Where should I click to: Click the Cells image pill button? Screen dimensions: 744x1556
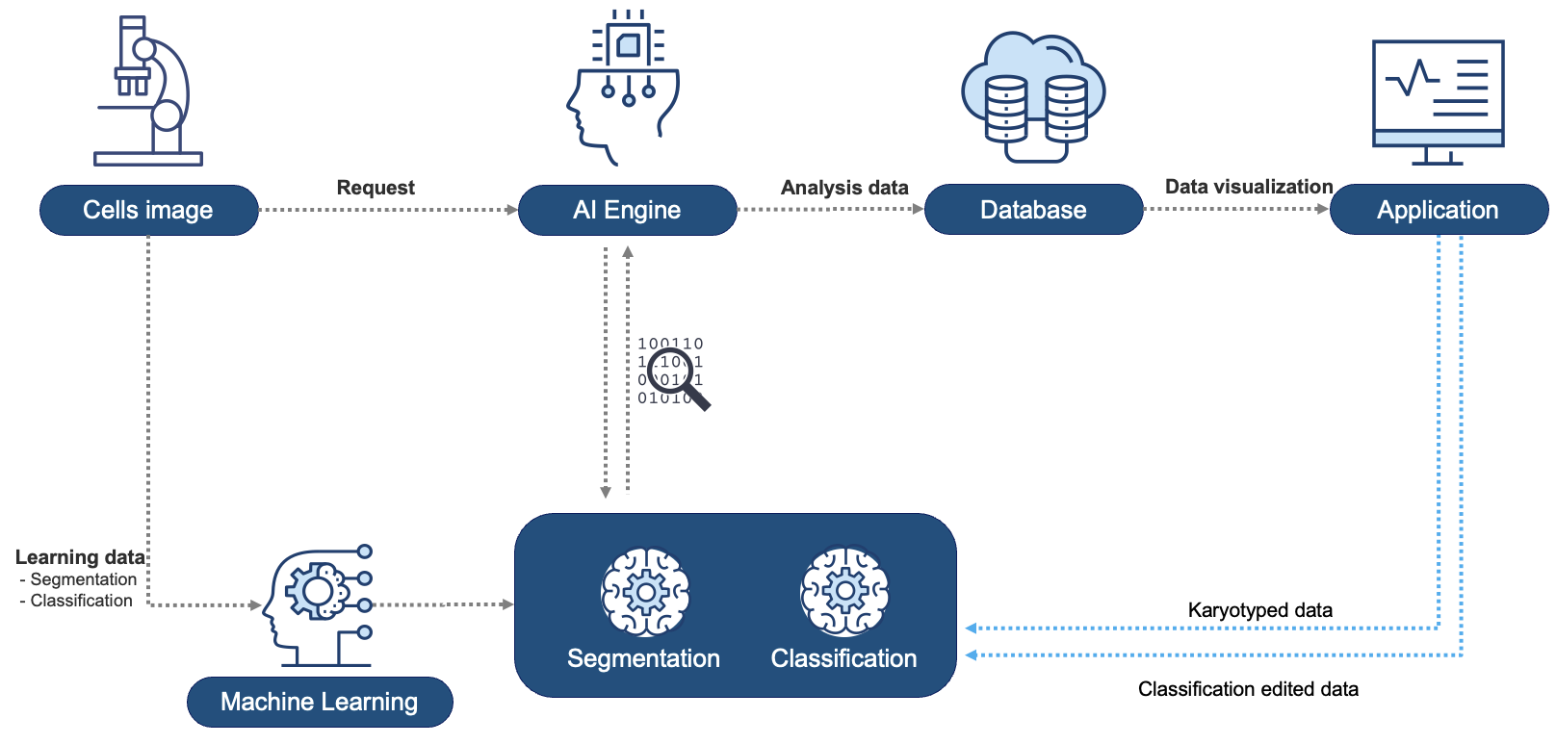coord(148,210)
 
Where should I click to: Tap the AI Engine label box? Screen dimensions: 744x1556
coord(627,210)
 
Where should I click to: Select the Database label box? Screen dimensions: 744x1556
coord(1033,210)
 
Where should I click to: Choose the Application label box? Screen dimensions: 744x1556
coord(1438,210)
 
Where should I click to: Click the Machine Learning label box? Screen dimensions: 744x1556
coord(319,702)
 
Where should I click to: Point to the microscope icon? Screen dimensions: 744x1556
coord(149,91)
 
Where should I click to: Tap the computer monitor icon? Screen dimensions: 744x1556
coord(1438,101)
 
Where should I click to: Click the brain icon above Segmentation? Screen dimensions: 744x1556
coord(645,592)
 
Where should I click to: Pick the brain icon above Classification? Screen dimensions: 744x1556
coord(844,592)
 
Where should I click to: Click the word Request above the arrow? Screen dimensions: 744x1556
coord(376,188)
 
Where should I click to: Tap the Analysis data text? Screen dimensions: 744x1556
coord(844,188)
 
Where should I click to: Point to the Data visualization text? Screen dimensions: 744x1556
coord(1249,187)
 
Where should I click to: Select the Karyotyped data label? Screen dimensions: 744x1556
coord(1259,610)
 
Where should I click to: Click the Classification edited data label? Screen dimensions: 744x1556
coord(1248,689)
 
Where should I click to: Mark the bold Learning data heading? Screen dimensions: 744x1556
coord(80,557)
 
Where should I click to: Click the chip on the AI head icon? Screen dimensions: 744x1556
coord(628,44)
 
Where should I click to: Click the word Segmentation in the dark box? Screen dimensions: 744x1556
coord(643,658)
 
